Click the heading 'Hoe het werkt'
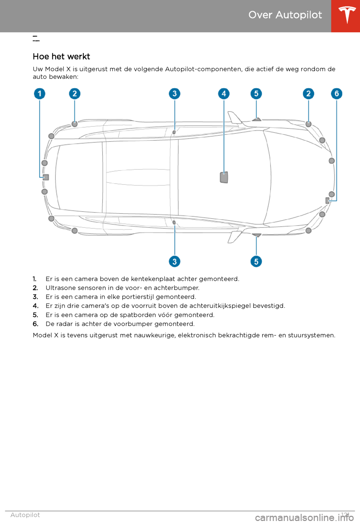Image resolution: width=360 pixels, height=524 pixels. (61, 57)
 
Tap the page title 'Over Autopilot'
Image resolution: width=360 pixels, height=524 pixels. (285, 15)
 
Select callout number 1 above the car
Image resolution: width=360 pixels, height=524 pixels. (40, 93)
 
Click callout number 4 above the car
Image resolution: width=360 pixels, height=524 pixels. (224, 93)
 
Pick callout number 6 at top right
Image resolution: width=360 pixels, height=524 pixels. (336, 93)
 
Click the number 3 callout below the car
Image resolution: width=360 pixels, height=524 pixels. (174, 261)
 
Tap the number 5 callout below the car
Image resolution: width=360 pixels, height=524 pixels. (256, 261)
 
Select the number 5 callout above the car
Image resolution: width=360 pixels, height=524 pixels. (256, 93)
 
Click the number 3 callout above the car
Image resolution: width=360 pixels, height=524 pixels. (174, 93)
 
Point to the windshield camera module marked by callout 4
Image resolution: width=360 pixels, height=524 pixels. (224, 177)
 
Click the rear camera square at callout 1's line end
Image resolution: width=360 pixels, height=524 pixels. (46, 177)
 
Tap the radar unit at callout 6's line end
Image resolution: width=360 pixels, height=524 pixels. (327, 201)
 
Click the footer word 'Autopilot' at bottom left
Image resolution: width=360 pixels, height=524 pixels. (25, 515)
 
